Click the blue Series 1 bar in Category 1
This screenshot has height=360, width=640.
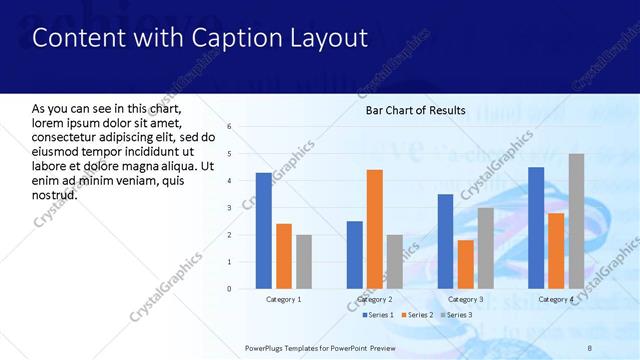pyautogui.click(x=263, y=231)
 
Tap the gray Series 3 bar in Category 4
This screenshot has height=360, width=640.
pyautogui.click(x=576, y=221)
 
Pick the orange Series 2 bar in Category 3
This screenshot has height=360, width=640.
pyautogui.click(x=466, y=264)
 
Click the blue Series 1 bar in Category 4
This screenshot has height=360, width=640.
pyautogui.click(x=536, y=228)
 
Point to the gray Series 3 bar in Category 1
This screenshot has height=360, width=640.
pyautogui.click(x=304, y=262)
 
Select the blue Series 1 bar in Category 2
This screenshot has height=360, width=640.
pyautogui.click(x=354, y=255)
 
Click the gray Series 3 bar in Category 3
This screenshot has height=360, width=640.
pyautogui.click(x=486, y=248)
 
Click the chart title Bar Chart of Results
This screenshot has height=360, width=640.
pyautogui.click(x=415, y=110)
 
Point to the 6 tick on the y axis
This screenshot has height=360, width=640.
pyautogui.click(x=229, y=127)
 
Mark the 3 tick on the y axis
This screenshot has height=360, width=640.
pyautogui.click(x=229, y=208)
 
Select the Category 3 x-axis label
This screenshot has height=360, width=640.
pyautogui.click(x=466, y=299)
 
